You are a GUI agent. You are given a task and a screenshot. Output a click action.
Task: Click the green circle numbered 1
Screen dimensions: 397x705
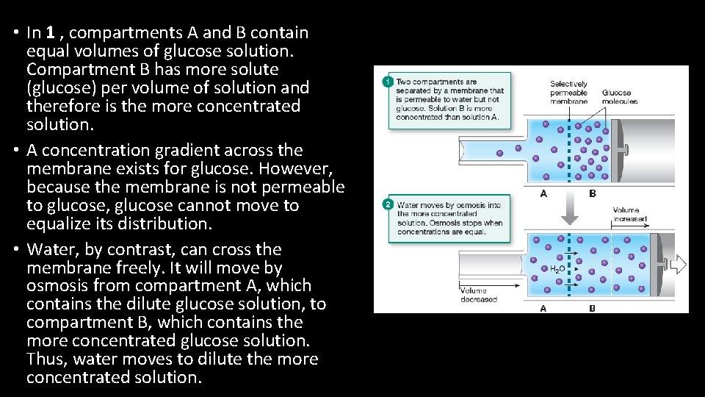[x=387, y=82]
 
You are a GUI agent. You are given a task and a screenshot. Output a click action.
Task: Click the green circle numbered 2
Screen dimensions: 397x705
[x=387, y=204]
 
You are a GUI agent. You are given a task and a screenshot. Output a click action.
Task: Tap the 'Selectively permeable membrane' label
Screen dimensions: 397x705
[x=568, y=93]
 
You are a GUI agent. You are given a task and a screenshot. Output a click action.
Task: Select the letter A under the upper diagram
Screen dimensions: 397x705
[x=543, y=193]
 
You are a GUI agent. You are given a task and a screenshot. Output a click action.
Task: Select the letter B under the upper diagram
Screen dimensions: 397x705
[x=593, y=193]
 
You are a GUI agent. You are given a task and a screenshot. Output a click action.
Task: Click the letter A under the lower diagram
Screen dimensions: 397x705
[x=543, y=308]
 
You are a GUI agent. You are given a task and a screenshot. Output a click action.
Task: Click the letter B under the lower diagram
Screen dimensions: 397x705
[x=593, y=308]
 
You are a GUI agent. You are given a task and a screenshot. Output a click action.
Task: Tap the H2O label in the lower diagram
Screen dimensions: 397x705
[x=557, y=270]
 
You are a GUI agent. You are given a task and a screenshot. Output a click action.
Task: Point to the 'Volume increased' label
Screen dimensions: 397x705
[x=630, y=215]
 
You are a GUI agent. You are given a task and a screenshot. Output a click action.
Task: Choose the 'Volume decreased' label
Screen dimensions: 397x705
[x=479, y=295]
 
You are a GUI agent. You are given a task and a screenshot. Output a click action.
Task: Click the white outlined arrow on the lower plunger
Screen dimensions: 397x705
[x=677, y=263]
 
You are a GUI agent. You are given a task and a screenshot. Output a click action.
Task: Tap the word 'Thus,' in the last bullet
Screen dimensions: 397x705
[x=46, y=360]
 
